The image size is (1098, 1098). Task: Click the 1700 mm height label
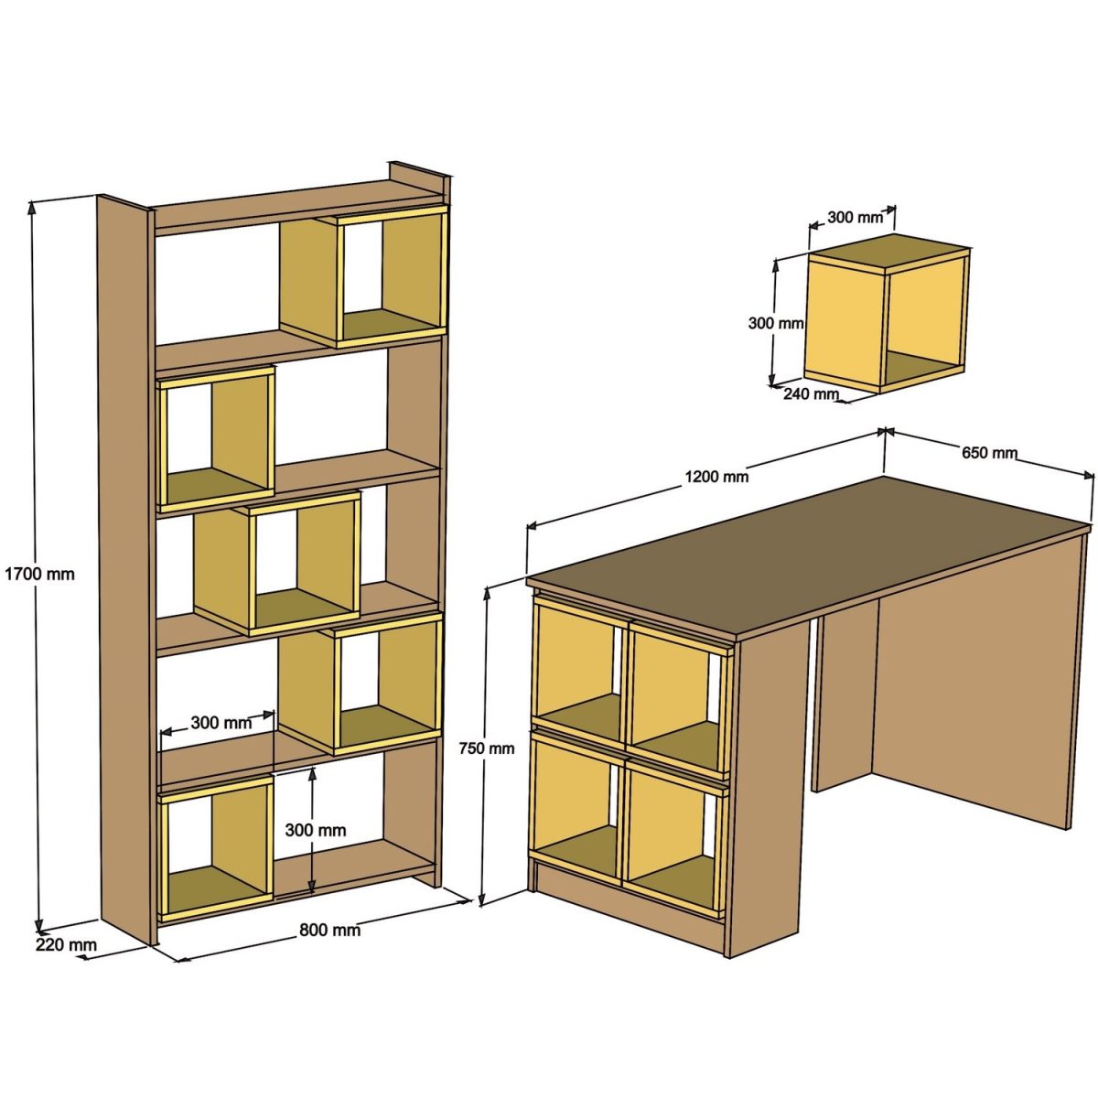[x=39, y=575]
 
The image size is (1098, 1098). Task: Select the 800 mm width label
[x=329, y=931]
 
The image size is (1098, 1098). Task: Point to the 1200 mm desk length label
[x=716, y=476]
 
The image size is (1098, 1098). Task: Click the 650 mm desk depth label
[x=989, y=452]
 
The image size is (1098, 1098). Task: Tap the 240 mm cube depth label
[x=811, y=394]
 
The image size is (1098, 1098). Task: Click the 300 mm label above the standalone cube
[x=856, y=218]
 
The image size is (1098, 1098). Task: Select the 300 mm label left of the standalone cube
[x=776, y=323]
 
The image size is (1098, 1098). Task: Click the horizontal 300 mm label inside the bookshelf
[x=221, y=723]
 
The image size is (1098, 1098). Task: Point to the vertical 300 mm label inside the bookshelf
[x=315, y=830]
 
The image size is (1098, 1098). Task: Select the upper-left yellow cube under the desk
[x=578, y=670]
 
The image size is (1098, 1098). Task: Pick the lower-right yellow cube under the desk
[x=675, y=834]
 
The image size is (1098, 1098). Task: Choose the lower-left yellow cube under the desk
[x=576, y=805]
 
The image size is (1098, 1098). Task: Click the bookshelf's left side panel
[x=124, y=567]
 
